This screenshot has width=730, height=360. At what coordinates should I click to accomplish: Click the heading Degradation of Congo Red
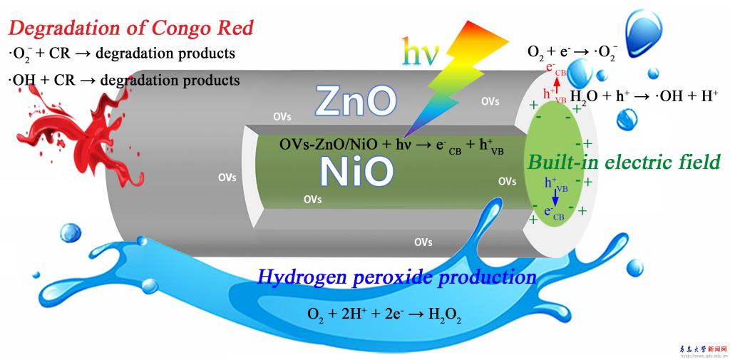point(130,29)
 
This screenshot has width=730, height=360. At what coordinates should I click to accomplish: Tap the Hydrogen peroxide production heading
point(396,277)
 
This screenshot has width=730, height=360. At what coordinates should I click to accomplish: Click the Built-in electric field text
point(623,162)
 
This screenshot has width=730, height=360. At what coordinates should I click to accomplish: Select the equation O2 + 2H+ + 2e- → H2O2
point(384,314)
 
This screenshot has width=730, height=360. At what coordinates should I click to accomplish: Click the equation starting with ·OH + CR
point(124,81)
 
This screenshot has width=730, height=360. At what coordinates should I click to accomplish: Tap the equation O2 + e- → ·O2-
point(572,51)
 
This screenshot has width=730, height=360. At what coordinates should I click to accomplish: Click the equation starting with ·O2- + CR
point(121,54)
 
